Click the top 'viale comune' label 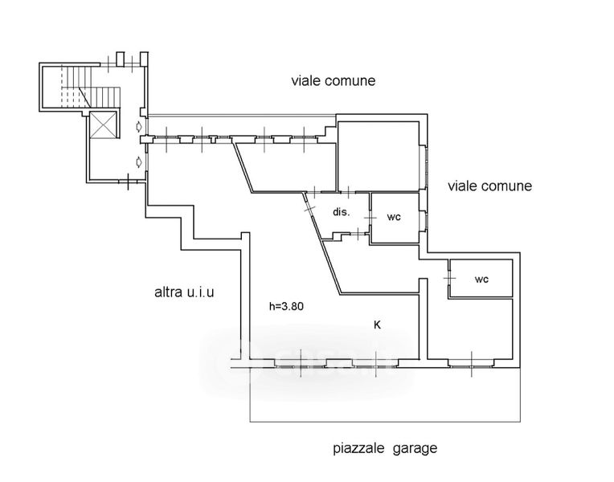[x=333, y=81]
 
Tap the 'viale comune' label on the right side [x=489, y=186]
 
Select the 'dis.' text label [x=341, y=213]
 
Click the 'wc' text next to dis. [x=394, y=217]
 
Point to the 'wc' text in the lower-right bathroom [x=481, y=280]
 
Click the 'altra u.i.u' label [x=185, y=292]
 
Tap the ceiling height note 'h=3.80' [x=286, y=305]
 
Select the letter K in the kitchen [x=377, y=325]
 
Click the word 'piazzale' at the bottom [x=358, y=448]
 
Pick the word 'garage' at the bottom [x=415, y=449]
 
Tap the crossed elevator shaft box [x=104, y=125]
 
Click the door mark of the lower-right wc [x=448, y=279]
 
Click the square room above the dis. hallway [x=378, y=156]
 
